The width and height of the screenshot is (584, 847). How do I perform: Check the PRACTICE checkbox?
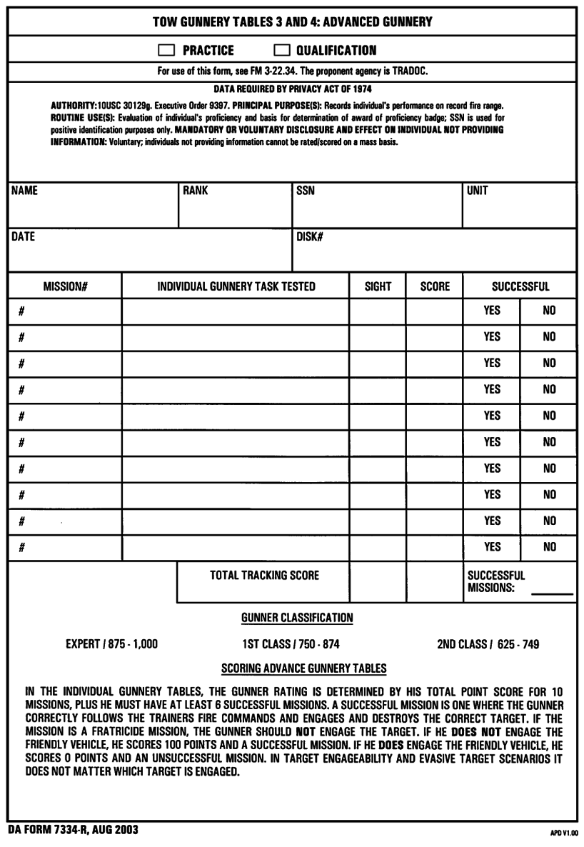tap(166, 51)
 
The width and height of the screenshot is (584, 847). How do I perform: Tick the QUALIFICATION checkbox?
tap(283, 51)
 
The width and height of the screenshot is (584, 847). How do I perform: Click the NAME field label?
tap(22, 192)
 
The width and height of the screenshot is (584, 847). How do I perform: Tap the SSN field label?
tap(305, 192)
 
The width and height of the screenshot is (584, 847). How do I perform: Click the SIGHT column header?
tap(378, 287)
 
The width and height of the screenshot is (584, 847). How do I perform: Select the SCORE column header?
tap(435, 287)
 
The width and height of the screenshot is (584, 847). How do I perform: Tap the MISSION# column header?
tap(65, 287)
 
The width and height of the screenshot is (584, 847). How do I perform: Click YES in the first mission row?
tap(492, 311)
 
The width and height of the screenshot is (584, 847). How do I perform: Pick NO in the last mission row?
tap(549, 548)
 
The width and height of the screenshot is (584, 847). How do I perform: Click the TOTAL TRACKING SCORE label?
tap(263, 576)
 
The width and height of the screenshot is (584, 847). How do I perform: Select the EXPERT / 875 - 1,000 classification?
tap(111, 644)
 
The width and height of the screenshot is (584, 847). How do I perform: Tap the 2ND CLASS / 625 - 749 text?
tap(488, 644)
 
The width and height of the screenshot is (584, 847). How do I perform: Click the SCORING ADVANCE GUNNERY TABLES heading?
tap(304, 668)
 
